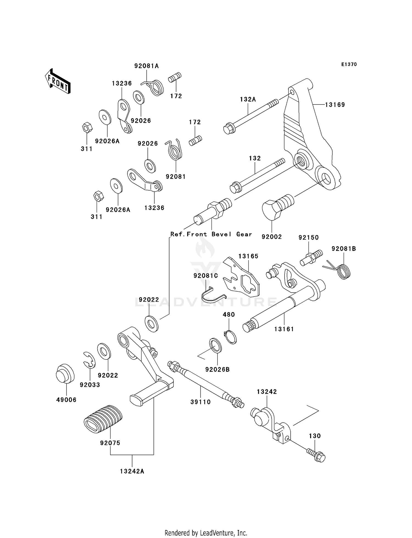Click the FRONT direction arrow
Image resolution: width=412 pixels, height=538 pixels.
click(x=58, y=81)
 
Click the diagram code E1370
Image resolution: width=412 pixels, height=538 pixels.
click(x=349, y=64)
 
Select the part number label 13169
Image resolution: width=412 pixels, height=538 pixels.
click(x=335, y=105)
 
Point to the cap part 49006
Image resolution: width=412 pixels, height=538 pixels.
click(x=65, y=373)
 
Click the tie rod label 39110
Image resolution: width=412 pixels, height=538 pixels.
click(x=201, y=402)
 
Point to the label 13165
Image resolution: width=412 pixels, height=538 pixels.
click(x=248, y=256)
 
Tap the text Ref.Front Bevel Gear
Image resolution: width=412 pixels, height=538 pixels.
click(x=211, y=234)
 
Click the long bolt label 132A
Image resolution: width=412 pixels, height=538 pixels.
click(x=248, y=99)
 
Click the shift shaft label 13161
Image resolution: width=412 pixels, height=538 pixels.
click(x=284, y=329)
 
